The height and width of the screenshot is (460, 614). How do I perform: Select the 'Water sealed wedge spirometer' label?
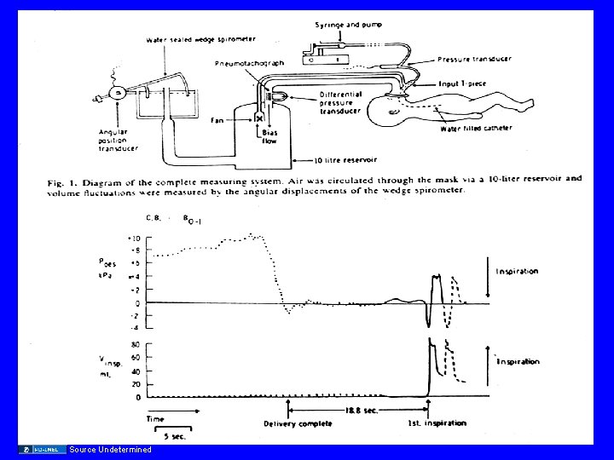pyautogui.click(x=200, y=39)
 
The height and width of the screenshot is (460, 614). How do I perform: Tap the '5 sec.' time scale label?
pyautogui.click(x=174, y=437)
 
